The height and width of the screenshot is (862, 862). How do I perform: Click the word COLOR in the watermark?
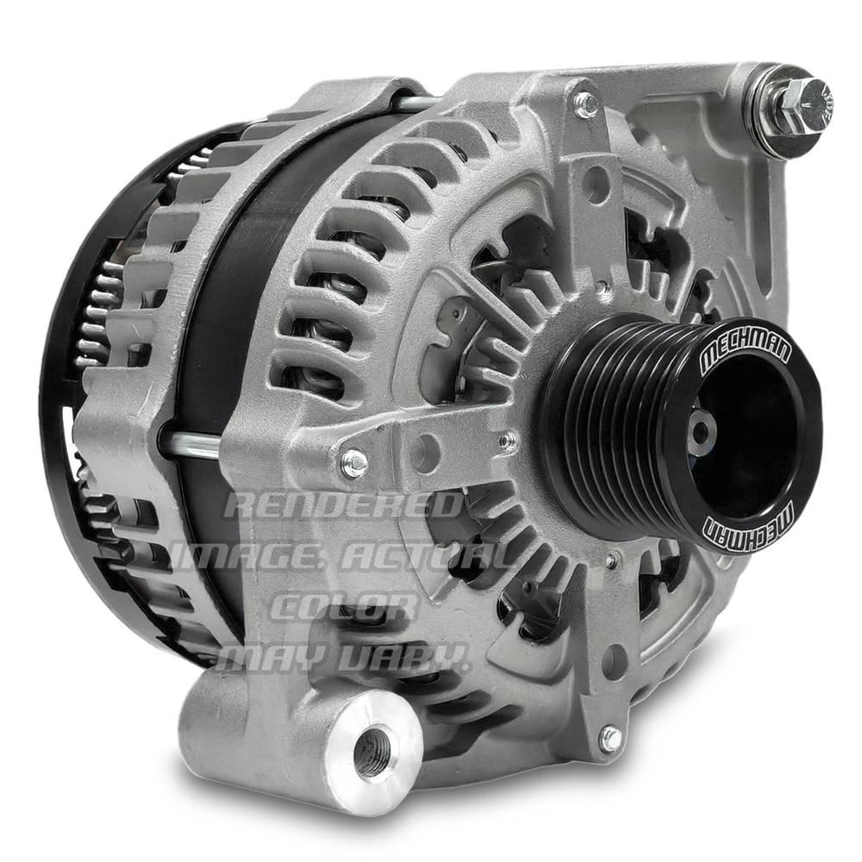pyautogui.click(x=343, y=606)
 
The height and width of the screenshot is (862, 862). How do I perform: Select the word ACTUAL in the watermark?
pyautogui.click(x=426, y=556)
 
